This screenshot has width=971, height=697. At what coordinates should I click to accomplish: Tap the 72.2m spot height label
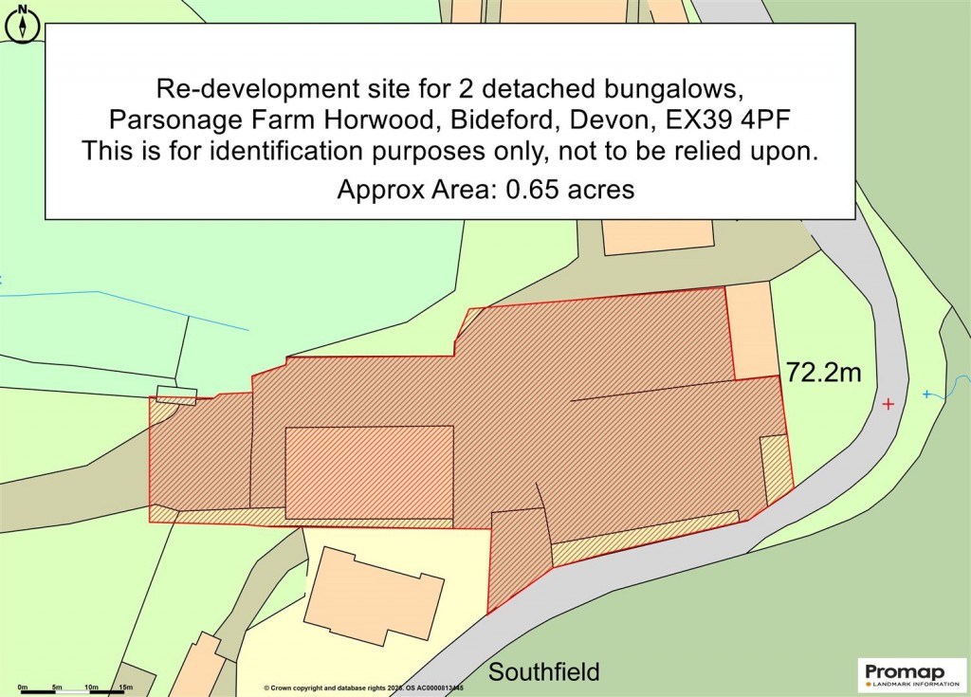pyautogui.click(x=823, y=373)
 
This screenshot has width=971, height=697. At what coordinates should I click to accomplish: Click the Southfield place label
pyautogui.click(x=543, y=672)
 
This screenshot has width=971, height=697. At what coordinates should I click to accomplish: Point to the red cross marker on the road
pyautogui.click(x=888, y=404)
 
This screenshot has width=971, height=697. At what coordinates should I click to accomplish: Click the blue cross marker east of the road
pyautogui.click(x=926, y=394)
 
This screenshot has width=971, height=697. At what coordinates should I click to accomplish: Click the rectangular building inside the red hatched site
pyautogui.click(x=369, y=473)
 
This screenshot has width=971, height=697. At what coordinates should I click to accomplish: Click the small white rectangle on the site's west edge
pyautogui.click(x=176, y=394)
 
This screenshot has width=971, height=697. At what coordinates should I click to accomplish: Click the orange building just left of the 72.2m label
pyautogui.click(x=752, y=332)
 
